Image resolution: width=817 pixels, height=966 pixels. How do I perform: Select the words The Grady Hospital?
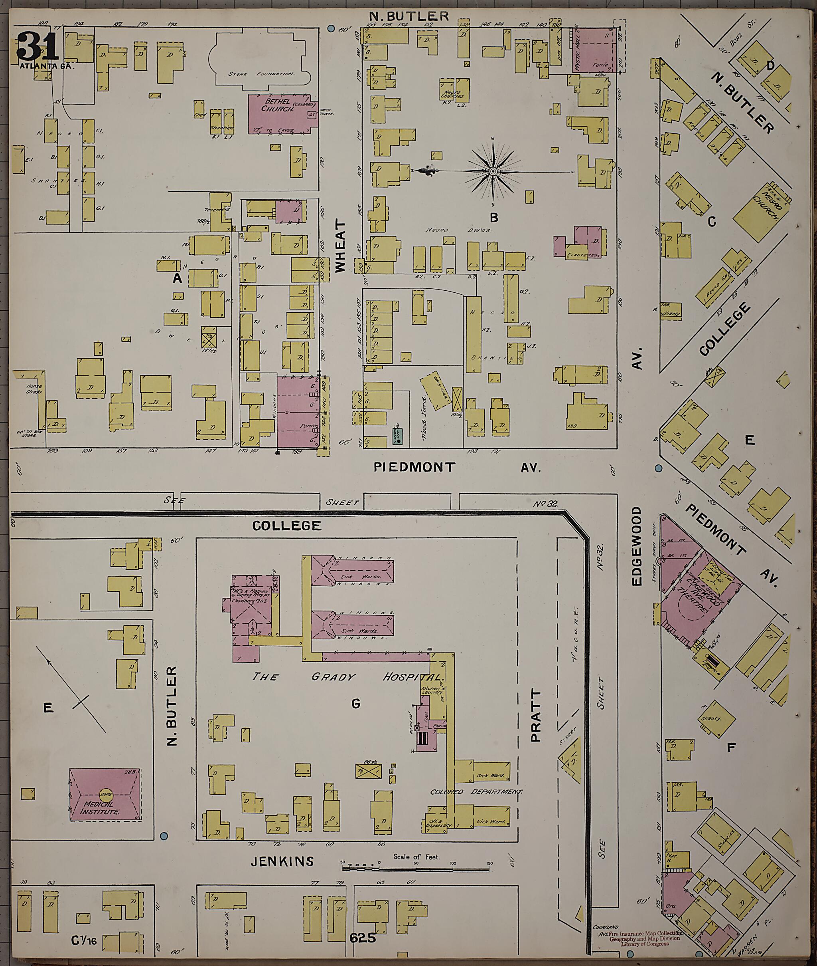(345, 677)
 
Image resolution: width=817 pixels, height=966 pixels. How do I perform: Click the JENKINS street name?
(282, 861)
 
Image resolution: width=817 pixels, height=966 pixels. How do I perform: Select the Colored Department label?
(476, 792)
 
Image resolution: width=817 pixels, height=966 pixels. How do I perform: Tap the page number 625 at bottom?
(363, 938)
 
